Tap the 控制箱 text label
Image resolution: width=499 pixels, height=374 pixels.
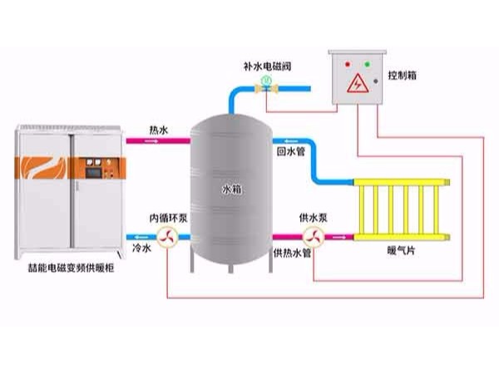pyautogui.click(x=403, y=76)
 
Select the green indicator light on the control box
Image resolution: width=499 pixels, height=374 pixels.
pyautogui.click(x=368, y=64)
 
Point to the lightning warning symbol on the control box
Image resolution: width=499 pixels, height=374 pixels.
pyautogui.click(x=357, y=83)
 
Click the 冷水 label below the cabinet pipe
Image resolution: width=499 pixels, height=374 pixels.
pyautogui.click(x=141, y=247)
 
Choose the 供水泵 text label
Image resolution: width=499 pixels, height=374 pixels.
pyautogui.click(x=311, y=218)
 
